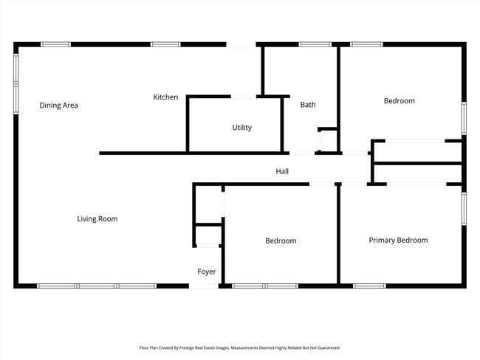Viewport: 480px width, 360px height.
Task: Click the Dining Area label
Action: (58, 105)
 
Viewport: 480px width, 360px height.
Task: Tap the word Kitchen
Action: (165, 97)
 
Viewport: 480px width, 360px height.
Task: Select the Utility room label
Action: (241, 128)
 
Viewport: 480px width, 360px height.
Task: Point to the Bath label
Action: (308, 105)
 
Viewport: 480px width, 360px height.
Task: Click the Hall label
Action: (282, 172)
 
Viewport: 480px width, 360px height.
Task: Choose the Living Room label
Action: (97, 219)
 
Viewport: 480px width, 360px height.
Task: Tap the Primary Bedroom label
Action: (398, 240)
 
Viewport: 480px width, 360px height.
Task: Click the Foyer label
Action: (207, 272)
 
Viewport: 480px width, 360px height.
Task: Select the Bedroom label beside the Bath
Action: (399, 101)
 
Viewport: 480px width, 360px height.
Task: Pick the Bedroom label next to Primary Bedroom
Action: (281, 241)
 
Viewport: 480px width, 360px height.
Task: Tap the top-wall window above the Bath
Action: (315, 44)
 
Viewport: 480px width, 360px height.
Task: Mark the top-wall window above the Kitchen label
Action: (165, 44)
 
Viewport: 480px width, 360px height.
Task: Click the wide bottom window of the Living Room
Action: (97, 285)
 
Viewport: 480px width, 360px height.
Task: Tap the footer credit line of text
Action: (240, 347)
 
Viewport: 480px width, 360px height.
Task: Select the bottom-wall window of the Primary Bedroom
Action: (369, 285)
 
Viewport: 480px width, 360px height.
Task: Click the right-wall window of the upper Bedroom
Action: (464, 118)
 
